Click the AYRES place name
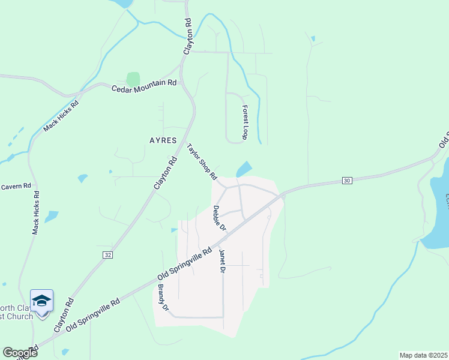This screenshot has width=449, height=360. pyautogui.click(x=163, y=140)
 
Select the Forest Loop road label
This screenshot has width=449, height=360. pyautogui.click(x=245, y=122)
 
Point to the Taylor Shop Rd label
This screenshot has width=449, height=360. pyautogui.click(x=202, y=161)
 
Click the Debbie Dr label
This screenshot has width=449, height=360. pyautogui.click(x=219, y=218)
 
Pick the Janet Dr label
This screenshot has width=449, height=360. pyautogui.click(x=222, y=262)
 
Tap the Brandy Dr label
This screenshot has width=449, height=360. pyautogui.click(x=163, y=297)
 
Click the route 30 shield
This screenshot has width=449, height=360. pyautogui.click(x=347, y=180)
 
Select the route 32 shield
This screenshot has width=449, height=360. pyautogui.click(x=107, y=255)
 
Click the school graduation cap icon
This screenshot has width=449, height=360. pyautogui.click(x=42, y=301)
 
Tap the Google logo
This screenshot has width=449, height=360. pyautogui.click(x=20, y=353)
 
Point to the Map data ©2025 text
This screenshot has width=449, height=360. pyautogui.click(x=423, y=355)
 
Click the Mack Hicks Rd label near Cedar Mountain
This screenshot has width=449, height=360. pyautogui.click(x=61, y=112)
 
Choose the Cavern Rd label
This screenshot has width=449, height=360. pyautogui.click(x=16, y=187)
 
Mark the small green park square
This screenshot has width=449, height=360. pyautogui.click(x=133, y=79)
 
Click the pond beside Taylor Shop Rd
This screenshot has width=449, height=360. pyautogui.click(x=244, y=170)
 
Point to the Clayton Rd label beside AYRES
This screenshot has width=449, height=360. pyautogui.click(x=166, y=174)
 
